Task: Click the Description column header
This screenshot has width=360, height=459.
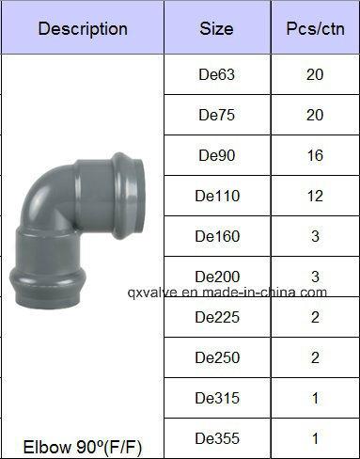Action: point(83,28)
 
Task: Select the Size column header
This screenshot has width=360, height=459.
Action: point(216,28)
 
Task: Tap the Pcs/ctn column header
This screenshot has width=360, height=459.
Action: point(315,28)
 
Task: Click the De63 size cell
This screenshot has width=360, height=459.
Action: point(216,74)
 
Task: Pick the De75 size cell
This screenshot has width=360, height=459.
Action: point(216,115)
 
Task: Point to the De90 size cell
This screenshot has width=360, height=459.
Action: point(216,155)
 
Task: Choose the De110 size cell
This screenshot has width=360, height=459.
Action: point(217,196)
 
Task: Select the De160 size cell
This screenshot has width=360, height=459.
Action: point(217,236)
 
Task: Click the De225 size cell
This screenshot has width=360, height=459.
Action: point(217,317)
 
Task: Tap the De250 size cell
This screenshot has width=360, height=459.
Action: point(217,357)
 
